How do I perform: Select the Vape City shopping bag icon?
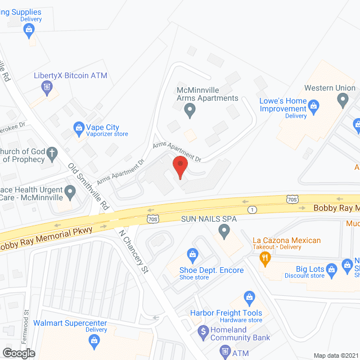tap(79, 130)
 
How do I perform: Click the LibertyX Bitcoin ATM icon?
tap(47, 87)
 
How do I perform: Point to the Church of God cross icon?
tap(52, 152)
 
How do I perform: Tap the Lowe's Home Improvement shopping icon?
tap(314, 105)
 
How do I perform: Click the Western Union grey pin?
tap(343, 101)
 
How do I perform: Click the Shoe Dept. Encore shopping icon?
tap(193, 256)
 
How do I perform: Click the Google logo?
tap(19, 353)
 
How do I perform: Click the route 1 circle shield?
tap(253, 209)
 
